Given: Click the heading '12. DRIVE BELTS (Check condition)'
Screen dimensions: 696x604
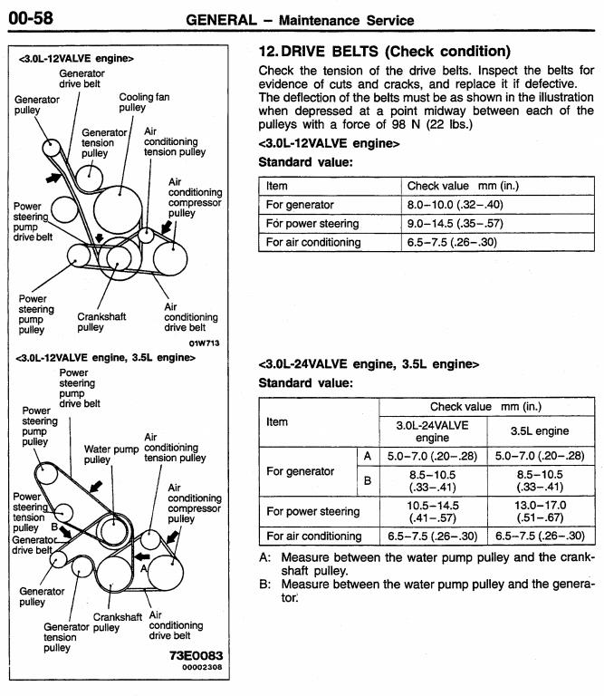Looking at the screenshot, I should click(x=385, y=51).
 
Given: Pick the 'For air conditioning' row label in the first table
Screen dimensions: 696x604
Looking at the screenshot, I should click(x=313, y=242).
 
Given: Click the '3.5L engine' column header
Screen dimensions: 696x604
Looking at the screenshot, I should click(x=540, y=431).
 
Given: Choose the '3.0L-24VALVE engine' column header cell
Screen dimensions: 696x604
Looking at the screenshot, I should click(x=432, y=431).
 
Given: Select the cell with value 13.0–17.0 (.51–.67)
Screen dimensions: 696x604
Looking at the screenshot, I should click(x=540, y=512).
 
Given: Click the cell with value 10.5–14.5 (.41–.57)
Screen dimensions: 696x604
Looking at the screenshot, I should click(x=432, y=512).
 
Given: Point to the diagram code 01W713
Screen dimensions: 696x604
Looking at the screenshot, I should click(x=206, y=343).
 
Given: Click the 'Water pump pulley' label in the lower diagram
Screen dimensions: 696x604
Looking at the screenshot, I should click(x=111, y=454).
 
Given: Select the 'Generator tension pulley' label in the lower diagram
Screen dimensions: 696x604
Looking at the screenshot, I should click(x=60, y=637).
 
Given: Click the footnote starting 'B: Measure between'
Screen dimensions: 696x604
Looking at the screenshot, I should click(x=426, y=591).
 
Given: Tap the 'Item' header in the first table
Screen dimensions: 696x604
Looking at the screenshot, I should click(x=277, y=186).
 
